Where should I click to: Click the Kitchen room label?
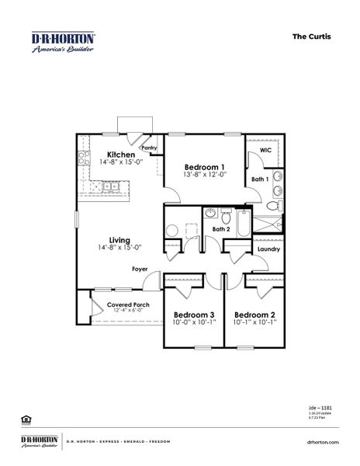coord(121,155)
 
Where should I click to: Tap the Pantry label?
coord(149,148)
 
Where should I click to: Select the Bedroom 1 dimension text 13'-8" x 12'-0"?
coord(205,175)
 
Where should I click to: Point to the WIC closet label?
coord(265,149)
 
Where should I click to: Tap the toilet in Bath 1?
coord(273,207)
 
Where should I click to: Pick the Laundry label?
coord(268,249)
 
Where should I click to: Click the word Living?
coord(119,240)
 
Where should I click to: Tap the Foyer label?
coord(140,269)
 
